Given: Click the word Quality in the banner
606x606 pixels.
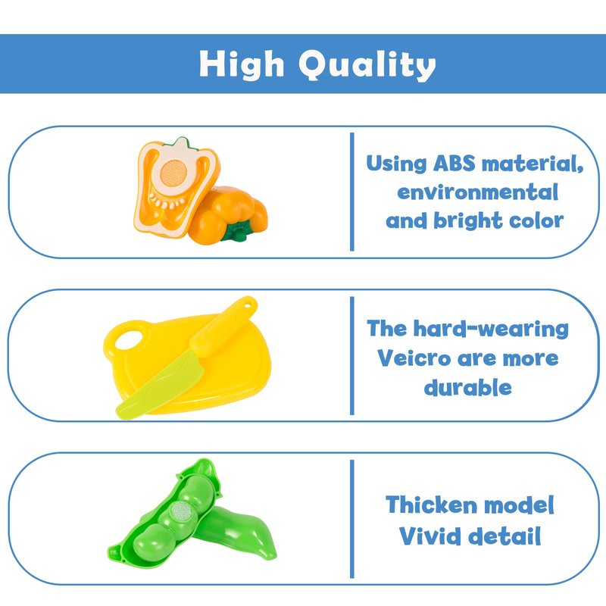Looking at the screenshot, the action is coord(367,65).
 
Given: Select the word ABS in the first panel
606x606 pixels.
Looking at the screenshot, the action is coord(454,163).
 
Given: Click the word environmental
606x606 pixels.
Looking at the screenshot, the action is coord(478,192).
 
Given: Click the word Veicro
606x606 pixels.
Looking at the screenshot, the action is coord(414,358).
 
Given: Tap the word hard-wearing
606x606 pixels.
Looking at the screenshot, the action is coord(491,329).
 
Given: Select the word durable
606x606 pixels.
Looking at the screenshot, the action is coord(467,387).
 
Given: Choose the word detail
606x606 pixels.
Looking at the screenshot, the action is coord(504,536).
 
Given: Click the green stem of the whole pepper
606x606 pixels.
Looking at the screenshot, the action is coord(236,232).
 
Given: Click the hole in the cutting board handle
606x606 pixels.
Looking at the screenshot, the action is coord(129,339).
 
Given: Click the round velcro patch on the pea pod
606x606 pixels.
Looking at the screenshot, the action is coord(183,514).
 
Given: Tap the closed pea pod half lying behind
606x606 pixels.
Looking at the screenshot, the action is coord(238,533).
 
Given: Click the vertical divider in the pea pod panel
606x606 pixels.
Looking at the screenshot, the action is coord(351,519).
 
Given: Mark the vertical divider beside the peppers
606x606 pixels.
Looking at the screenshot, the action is coord(351,192).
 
